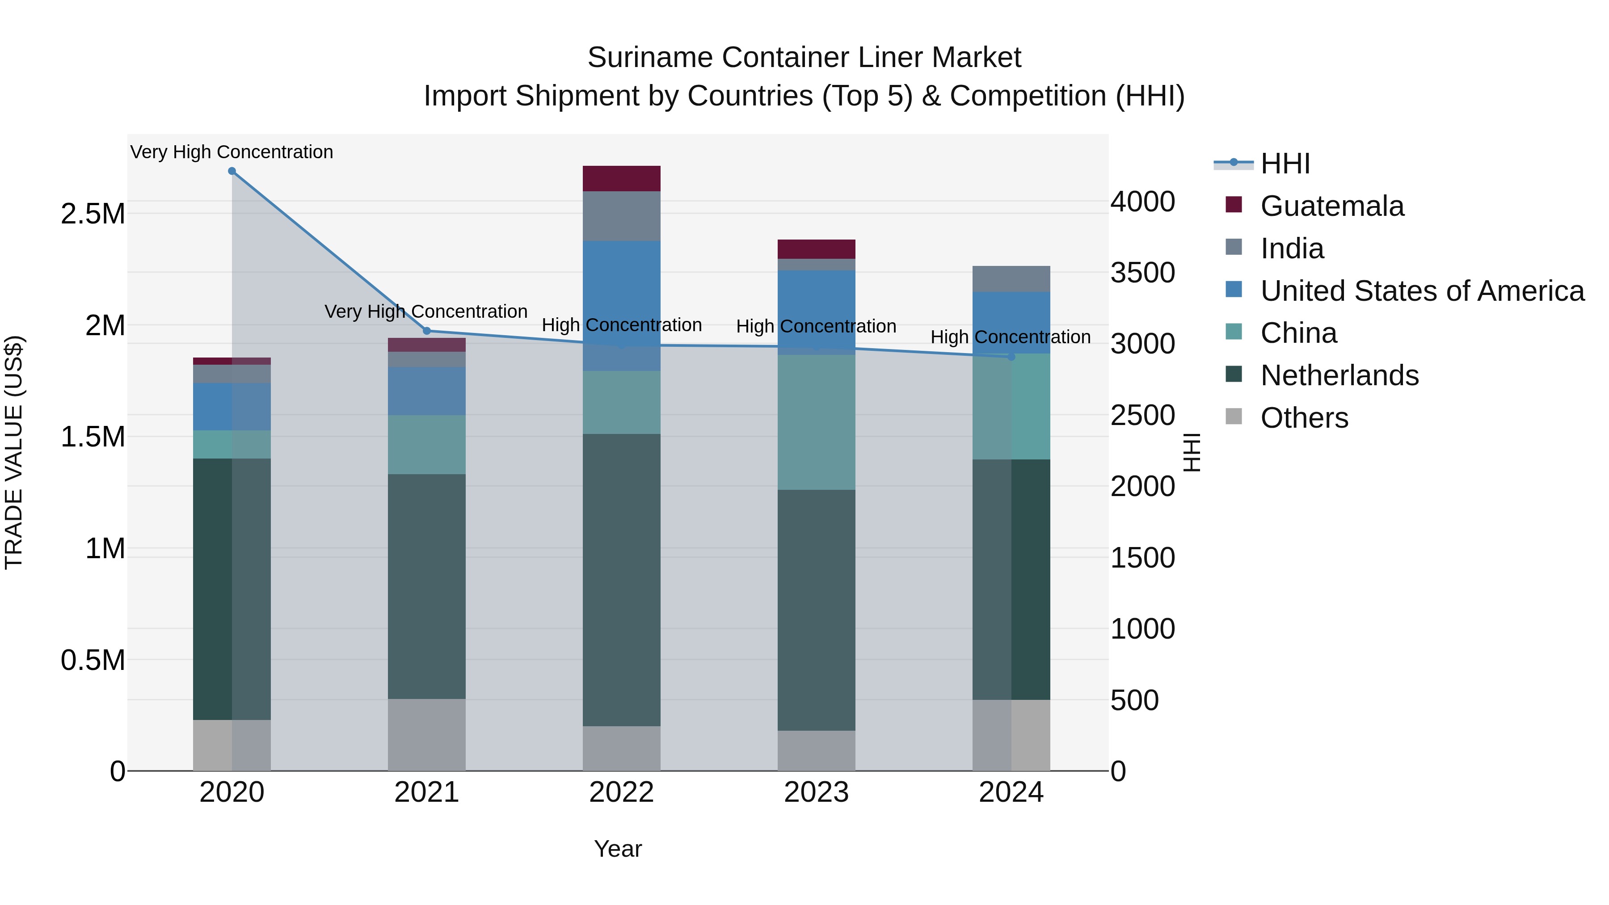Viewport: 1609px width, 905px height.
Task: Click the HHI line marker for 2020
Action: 232,171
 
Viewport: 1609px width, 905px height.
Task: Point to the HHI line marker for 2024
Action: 1011,357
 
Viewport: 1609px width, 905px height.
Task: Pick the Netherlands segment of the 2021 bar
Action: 427,586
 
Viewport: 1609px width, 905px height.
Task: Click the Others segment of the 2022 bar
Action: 622,748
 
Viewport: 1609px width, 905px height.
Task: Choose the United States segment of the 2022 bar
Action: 622,294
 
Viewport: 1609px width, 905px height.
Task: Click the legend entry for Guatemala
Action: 1332,206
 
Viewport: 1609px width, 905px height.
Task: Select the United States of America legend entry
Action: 1422,291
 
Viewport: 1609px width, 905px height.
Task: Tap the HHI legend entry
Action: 1285,164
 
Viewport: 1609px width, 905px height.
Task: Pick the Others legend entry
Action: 1304,418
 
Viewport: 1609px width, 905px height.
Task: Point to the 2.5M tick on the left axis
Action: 93,214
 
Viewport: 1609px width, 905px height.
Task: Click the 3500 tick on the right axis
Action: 1142,273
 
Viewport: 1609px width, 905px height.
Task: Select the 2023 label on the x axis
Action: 817,792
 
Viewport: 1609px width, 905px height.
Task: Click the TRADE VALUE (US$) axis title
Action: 14,452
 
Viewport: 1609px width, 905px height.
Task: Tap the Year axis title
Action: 618,849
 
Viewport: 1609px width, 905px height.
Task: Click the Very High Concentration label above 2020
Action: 232,152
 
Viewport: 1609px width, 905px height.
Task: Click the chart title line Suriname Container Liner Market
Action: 804,58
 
